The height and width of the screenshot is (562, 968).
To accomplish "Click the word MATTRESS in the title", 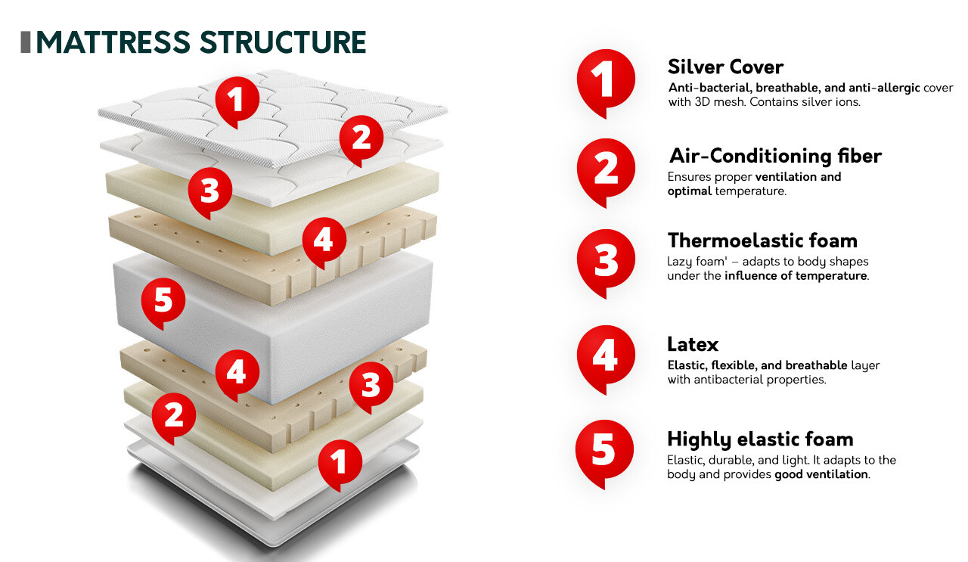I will (x=114, y=42).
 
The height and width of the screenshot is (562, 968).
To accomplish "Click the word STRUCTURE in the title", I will (x=284, y=42).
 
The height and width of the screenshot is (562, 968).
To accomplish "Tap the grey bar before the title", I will (x=25, y=42).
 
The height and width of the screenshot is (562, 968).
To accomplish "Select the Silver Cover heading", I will (x=725, y=67).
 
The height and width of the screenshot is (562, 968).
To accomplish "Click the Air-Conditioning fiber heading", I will (x=775, y=156).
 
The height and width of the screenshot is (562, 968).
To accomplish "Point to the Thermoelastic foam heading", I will (x=762, y=241).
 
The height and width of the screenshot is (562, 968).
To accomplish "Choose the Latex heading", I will (x=693, y=345).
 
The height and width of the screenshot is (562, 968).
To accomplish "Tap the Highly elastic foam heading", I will (x=760, y=439).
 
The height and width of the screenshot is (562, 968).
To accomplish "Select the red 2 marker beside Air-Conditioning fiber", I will (x=605, y=169).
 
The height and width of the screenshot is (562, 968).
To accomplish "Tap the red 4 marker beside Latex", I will (x=605, y=356).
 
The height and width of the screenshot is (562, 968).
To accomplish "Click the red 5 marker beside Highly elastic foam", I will (x=603, y=449).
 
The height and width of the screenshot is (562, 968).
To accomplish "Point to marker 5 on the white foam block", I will (x=163, y=301).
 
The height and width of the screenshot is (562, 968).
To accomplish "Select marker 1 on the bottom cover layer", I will (x=340, y=461).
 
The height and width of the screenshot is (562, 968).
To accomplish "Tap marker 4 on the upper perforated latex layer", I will (x=324, y=241).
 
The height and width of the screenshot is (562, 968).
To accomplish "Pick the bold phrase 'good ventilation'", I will (x=821, y=474).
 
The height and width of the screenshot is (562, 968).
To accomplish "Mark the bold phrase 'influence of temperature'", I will (x=795, y=276).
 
